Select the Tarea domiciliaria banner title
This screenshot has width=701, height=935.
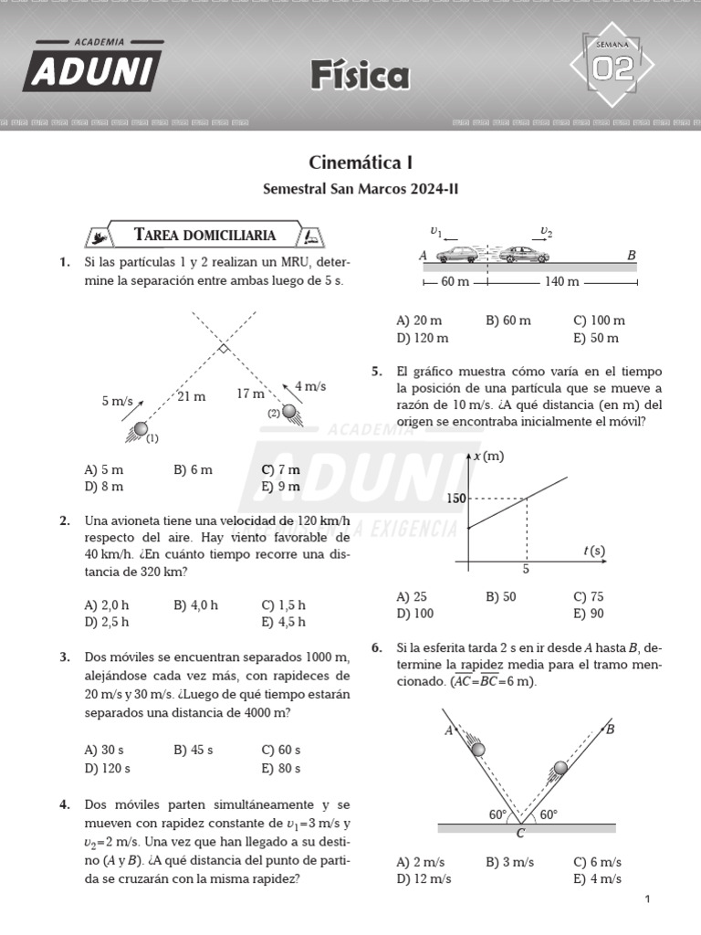tap(204, 236)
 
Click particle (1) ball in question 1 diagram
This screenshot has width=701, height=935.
tap(141, 429)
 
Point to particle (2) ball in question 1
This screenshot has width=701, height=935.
tap(289, 412)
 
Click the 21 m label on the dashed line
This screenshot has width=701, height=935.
tap(191, 396)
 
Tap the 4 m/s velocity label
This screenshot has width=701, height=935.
tap(310, 386)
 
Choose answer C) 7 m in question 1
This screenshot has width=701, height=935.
tap(280, 469)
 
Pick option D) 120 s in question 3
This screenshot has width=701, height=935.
tap(107, 768)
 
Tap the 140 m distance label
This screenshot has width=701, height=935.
tap(561, 282)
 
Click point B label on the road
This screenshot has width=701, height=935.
tap(631, 256)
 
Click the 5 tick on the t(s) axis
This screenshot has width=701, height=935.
tap(526, 570)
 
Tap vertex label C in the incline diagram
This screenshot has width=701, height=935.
tap(520, 833)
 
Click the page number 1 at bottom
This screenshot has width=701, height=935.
tap(647, 899)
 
